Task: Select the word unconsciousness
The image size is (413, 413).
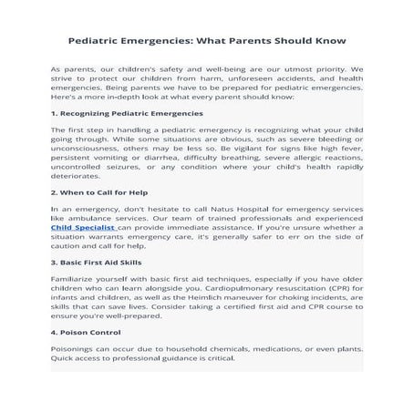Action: tap(90, 148)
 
